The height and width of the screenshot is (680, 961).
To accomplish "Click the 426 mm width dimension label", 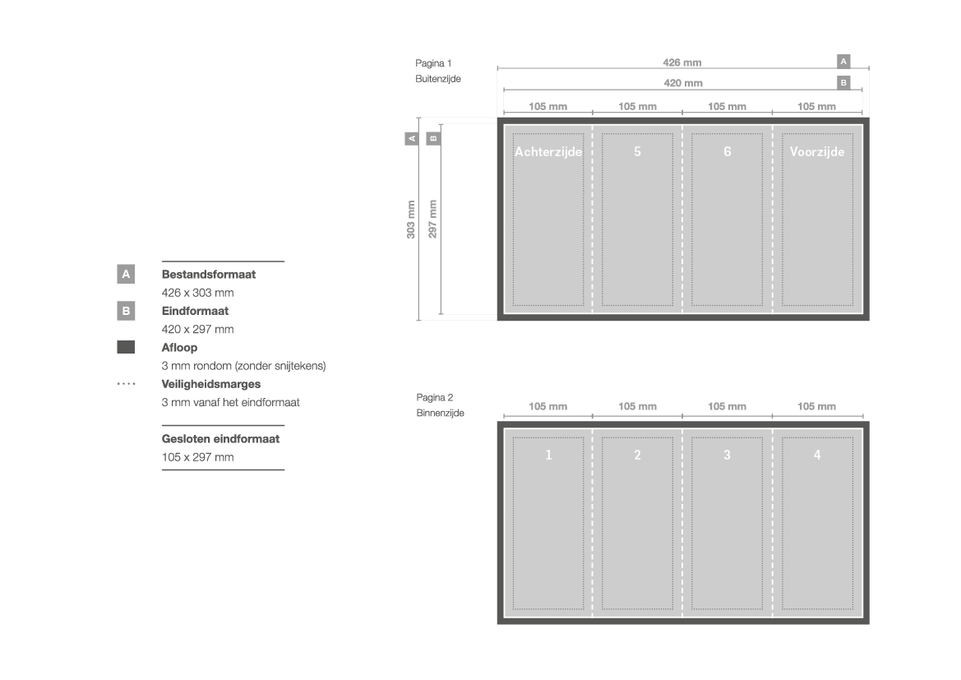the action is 682,62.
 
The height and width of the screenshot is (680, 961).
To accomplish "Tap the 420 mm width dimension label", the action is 683,83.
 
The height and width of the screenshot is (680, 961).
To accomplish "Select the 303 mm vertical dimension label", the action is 411,220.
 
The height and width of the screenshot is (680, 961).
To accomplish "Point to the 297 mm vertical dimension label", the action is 432,219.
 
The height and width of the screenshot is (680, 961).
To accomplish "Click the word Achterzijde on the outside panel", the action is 548,151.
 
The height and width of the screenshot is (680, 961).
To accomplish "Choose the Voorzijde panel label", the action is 817,151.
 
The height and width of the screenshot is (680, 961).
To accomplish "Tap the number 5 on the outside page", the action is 637,151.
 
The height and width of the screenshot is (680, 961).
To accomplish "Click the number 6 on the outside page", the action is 728,151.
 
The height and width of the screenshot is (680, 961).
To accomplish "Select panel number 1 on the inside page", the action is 548,455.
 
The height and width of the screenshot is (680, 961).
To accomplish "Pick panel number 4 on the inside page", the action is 817,455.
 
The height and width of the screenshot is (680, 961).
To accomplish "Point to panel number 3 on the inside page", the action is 727,455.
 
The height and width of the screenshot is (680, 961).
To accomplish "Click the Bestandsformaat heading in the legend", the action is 208,275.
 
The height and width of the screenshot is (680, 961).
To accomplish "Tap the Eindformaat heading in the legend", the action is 195,311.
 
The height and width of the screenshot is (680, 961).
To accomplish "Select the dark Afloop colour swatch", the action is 126,347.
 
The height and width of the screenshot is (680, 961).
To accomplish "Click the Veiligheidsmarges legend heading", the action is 210,385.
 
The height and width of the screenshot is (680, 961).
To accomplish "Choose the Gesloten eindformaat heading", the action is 220,439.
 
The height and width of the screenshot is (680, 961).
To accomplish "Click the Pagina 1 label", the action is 433,63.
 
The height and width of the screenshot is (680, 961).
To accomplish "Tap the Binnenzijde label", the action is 440,414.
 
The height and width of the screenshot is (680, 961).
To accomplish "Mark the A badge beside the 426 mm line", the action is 843,62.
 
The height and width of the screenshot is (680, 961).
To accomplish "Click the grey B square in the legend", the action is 126,311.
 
